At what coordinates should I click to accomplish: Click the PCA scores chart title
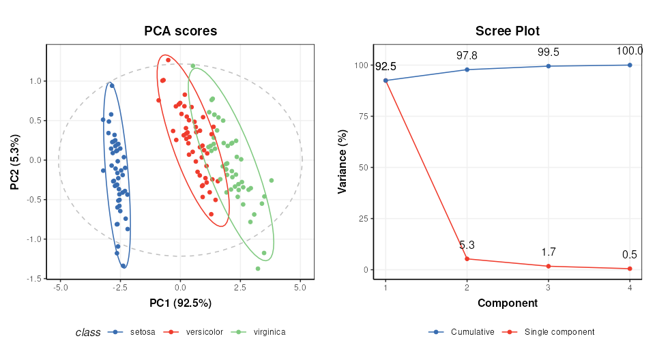tap(180, 31)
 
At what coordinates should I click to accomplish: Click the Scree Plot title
tap(507, 31)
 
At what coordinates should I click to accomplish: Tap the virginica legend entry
tap(269, 332)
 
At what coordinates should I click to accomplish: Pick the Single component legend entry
tap(559, 332)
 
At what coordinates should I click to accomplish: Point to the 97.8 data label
tap(467, 56)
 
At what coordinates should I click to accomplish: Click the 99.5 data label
tap(549, 52)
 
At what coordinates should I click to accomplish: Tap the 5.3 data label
tap(467, 245)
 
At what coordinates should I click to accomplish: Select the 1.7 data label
tap(549, 252)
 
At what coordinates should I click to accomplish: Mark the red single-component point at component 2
tap(467, 259)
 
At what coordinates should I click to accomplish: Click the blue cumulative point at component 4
tap(630, 65)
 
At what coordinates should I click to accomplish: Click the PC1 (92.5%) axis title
tap(180, 303)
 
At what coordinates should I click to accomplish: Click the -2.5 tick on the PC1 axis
tap(120, 287)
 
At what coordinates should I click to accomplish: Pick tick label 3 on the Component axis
tap(549, 287)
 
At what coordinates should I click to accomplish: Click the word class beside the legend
tap(88, 333)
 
